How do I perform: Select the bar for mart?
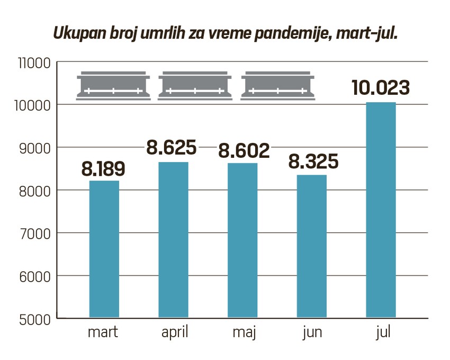pos(104,249)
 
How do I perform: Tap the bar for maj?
pos(242,240)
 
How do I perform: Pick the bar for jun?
pos(312,246)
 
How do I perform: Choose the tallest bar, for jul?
pos(381,210)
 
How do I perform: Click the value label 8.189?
pos(104,169)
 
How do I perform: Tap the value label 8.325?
pos(313,162)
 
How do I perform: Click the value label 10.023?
pos(381,88)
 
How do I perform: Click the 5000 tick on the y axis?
pos(35,319)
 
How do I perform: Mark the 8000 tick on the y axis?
pos(35,191)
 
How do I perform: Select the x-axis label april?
pos(174,334)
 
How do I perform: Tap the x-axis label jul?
pos(382,334)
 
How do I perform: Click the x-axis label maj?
pos(244,334)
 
